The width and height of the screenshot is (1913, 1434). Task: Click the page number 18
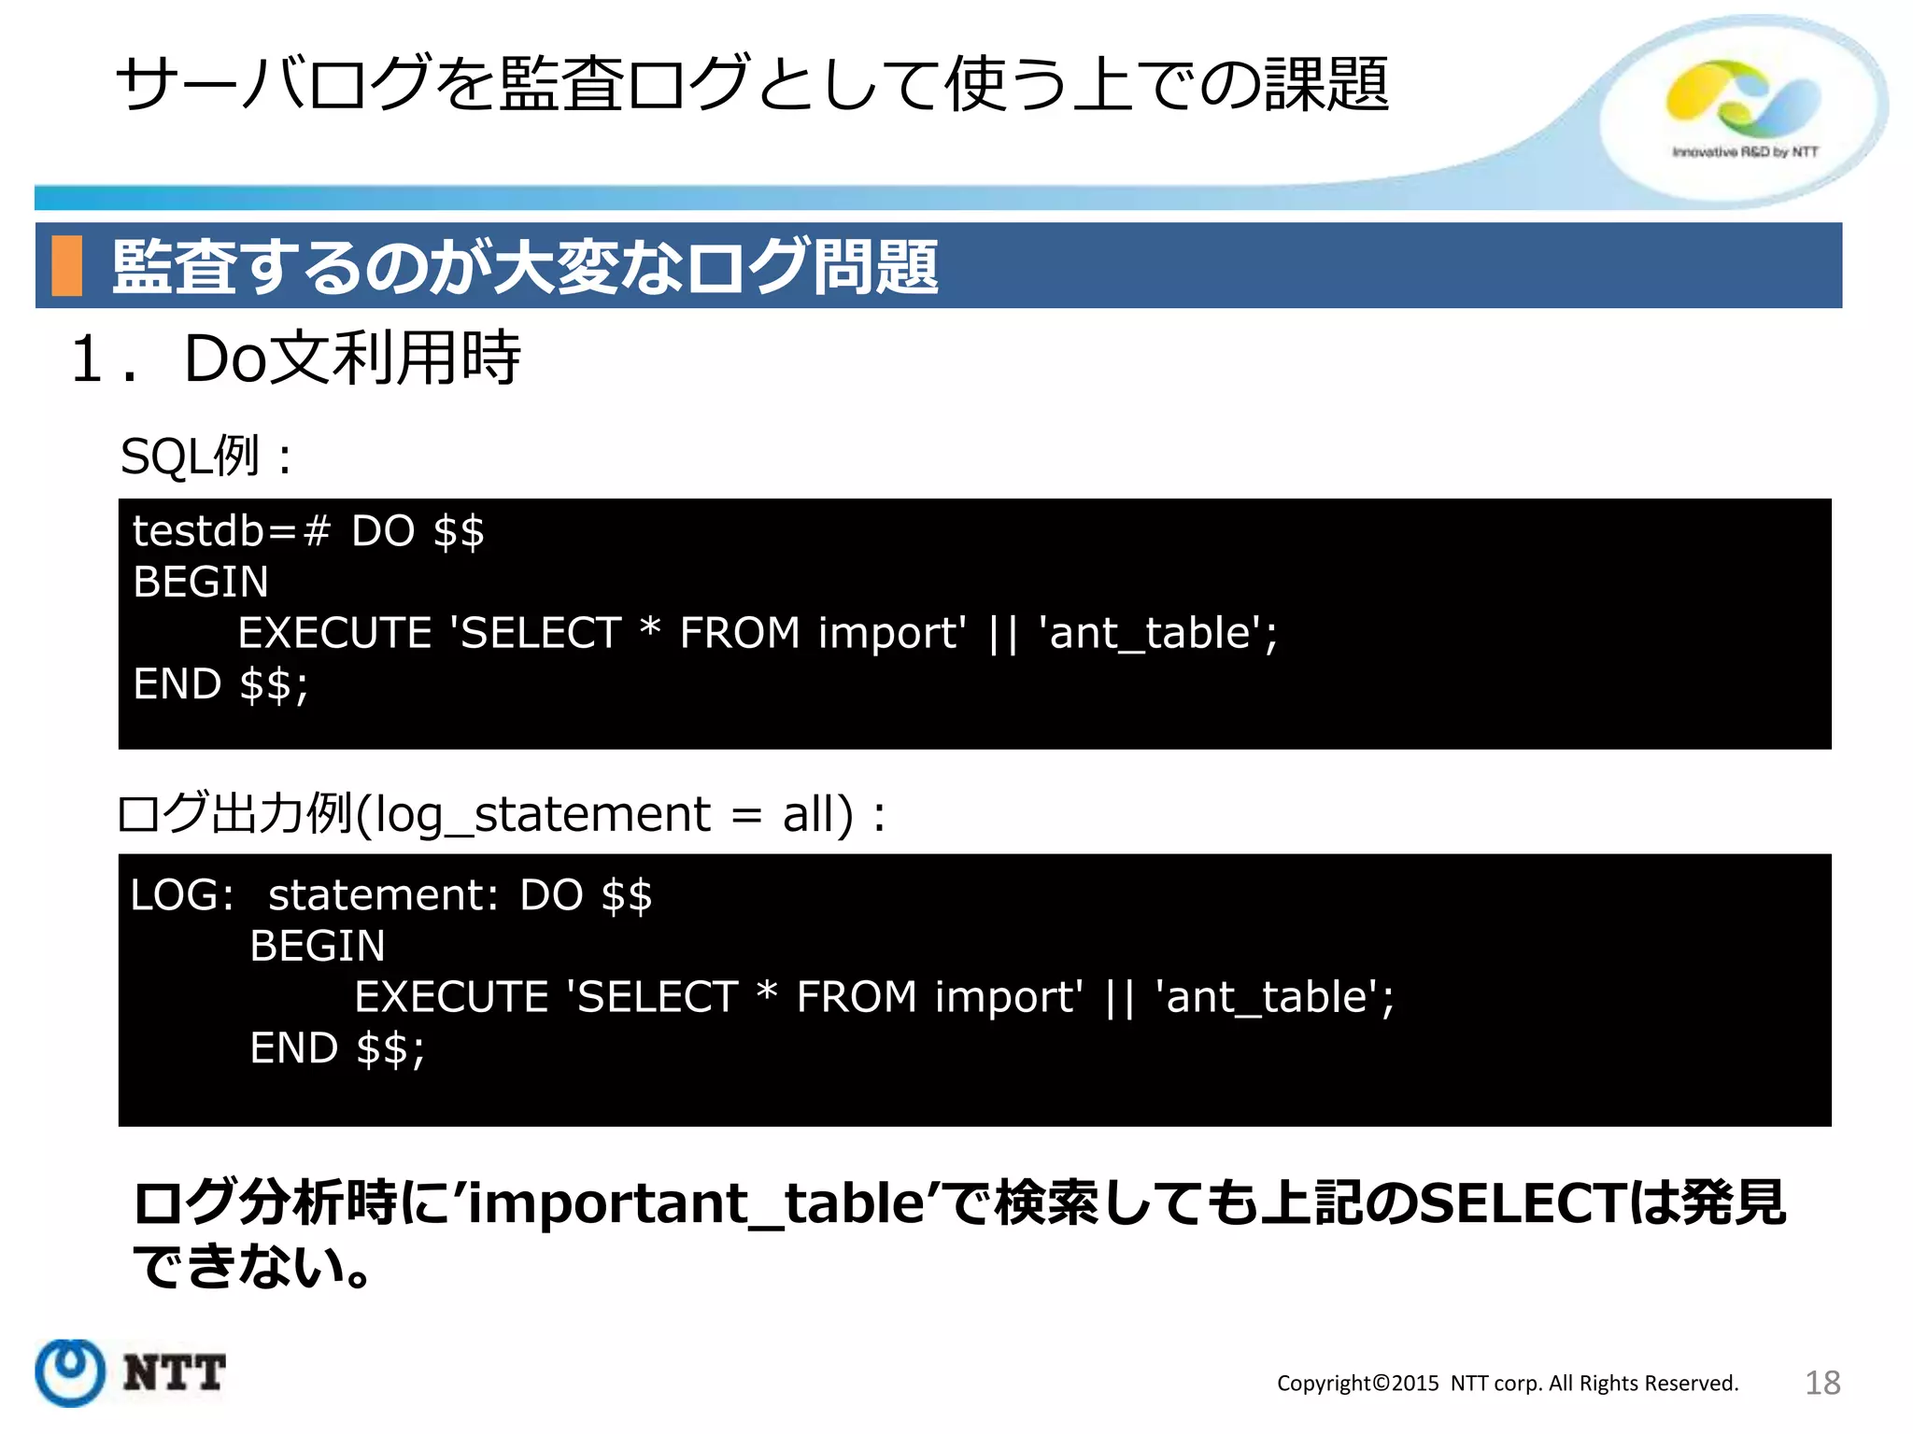coord(1821,1383)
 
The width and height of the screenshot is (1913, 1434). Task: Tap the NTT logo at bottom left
coord(131,1372)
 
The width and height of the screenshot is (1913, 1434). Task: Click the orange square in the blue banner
coord(66,266)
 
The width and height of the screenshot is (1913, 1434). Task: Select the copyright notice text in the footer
coord(1507,1384)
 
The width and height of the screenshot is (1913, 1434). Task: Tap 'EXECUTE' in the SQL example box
coord(335,633)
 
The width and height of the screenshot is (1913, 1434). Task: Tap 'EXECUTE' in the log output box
coord(452,997)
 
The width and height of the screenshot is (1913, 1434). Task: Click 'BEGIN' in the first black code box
coord(200,583)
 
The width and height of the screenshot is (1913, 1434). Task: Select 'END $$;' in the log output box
coord(337,1048)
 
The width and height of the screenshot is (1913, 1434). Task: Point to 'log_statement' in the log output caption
coord(542,814)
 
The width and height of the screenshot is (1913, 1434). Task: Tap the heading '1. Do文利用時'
coord(295,358)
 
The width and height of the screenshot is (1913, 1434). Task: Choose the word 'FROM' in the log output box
coord(856,997)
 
